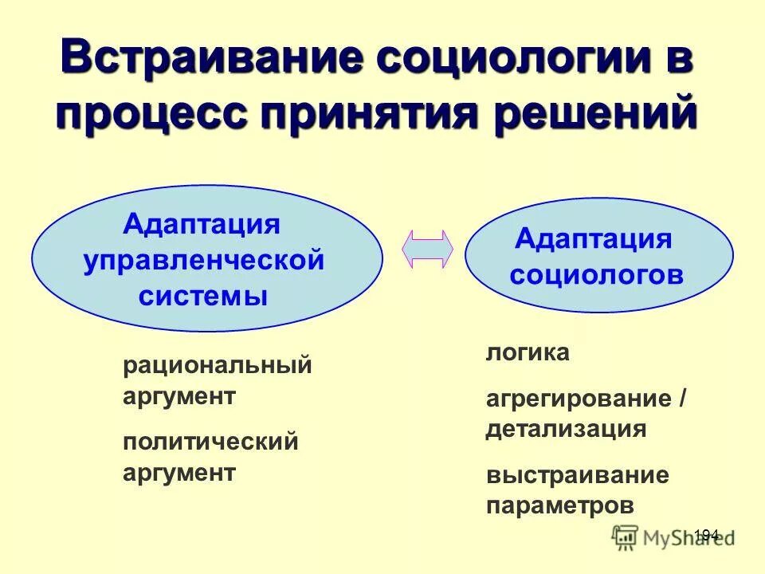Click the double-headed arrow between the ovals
tap(427, 249)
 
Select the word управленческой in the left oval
tap(204, 260)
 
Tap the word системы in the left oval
tap(203, 296)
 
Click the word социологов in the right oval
tap(597, 275)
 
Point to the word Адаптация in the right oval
tap(594, 238)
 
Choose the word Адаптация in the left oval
tap(202, 224)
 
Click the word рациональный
tap(217, 368)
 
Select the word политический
tap(210, 442)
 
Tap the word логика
tap(528, 353)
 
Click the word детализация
tap(566, 429)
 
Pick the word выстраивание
tap(577, 476)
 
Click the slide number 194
tap(706, 534)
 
